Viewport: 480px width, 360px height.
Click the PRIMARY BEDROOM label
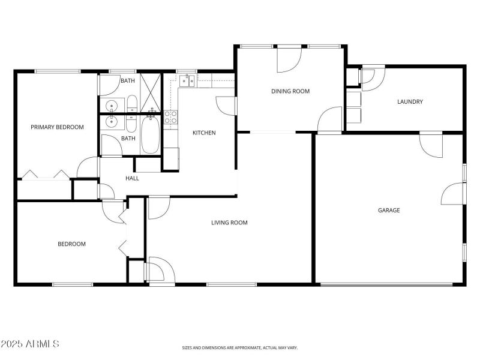(x=57, y=127)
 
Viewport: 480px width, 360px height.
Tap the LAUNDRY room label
(x=410, y=102)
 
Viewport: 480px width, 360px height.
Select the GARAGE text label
(x=389, y=211)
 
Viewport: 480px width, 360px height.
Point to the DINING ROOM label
(x=290, y=91)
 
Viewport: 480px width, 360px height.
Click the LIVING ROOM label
(x=229, y=223)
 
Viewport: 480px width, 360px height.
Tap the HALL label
(x=132, y=178)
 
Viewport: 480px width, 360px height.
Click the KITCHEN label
(x=204, y=133)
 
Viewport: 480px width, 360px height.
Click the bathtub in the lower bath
(x=150, y=135)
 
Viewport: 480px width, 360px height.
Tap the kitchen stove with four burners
(x=171, y=117)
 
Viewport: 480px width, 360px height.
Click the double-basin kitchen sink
(x=188, y=81)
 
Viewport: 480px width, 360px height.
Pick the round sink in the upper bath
(x=112, y=106)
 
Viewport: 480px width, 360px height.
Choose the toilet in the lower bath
(x=132, y=122)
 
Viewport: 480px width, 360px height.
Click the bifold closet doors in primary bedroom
(x=44, y=175)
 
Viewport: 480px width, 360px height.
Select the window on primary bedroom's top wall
(x=58, y=71)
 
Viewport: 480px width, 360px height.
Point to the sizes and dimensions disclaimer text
(x=240, y=347)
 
